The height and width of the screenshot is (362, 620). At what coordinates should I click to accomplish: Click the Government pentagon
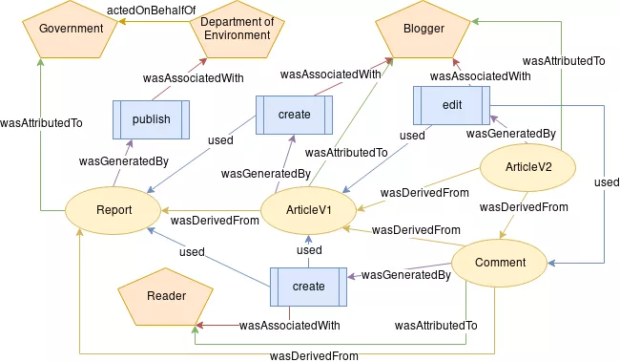point(71,30)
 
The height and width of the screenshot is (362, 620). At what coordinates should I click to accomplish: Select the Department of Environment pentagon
point(238,32)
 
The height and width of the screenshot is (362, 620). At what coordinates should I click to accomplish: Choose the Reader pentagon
point(166,297)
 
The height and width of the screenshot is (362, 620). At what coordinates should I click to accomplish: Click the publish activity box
point(151,119)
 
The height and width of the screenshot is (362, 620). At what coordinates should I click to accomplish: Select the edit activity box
point(451,104)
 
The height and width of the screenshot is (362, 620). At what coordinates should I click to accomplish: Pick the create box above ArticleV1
point(294,115)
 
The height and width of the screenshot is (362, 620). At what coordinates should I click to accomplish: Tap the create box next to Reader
point(308,287)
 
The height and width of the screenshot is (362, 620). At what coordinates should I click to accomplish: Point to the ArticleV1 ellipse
point(308,207)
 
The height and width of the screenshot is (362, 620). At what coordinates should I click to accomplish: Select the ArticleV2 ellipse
point(527,167)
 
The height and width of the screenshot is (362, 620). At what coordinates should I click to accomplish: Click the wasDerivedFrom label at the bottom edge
point(315,355)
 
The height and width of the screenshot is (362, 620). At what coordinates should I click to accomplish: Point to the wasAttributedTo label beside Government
point(41,123)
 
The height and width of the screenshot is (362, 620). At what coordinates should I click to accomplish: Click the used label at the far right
point(606,181)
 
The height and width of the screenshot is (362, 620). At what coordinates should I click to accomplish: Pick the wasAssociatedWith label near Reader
point(289,326)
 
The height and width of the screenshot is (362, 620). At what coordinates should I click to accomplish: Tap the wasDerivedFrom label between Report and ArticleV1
point(215,221)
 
